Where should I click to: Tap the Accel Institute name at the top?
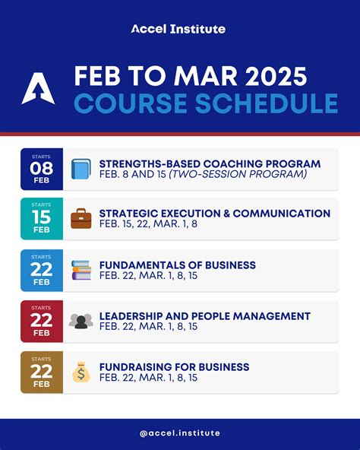178,29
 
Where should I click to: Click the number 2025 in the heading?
276,76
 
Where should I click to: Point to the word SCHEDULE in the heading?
267,103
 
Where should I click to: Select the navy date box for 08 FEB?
42,169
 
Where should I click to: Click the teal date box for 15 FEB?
42,219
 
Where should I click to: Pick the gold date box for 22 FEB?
42,372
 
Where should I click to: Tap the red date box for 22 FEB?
42,321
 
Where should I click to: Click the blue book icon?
81,169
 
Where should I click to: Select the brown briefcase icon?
81,219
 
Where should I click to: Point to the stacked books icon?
81,270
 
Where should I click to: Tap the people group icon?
81,321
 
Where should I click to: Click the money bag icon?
81,372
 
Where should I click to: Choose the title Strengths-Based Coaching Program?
210,164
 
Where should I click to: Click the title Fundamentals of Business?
178,265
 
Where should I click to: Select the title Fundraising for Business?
175,367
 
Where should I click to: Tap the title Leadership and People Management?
205,316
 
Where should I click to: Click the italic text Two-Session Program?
238,174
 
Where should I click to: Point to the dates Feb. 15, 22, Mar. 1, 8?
148,223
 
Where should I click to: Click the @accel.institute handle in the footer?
180,433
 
